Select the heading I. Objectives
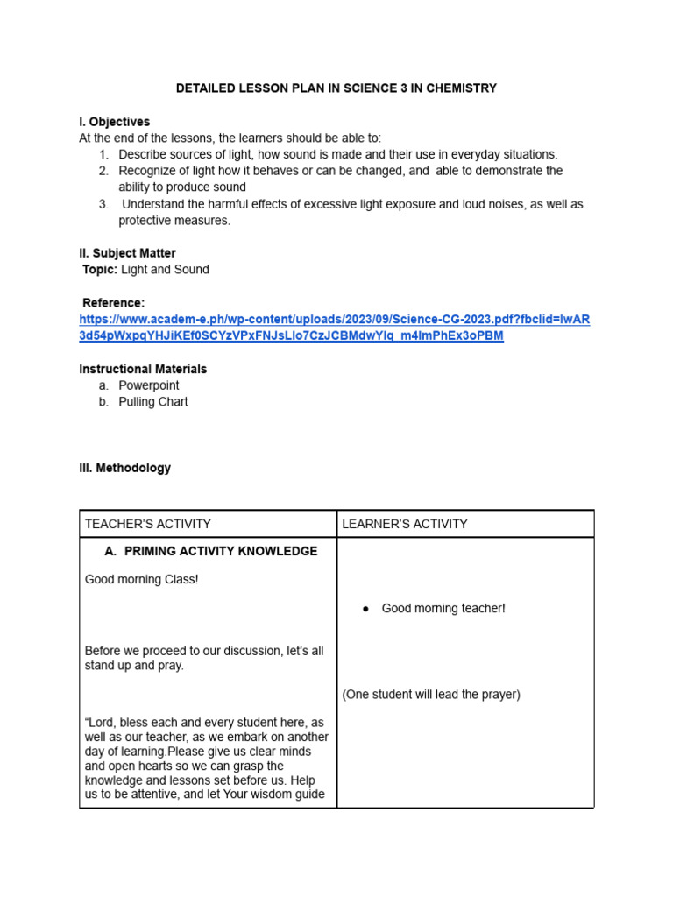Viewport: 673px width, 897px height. [x=115, y=122]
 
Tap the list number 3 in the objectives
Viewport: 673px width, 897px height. [x=103, y=204]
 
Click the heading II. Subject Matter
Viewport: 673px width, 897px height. [x=127, y=253]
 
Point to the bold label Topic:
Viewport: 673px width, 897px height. [x=100, y=270]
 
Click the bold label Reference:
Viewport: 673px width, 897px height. [x=113, y=303]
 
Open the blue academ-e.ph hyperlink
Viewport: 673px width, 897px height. [x=334, y=320]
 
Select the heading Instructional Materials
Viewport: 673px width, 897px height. [x=143, y=369]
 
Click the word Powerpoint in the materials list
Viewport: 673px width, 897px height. [x=149, y=385]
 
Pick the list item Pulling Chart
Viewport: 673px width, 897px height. [x=153, y=402]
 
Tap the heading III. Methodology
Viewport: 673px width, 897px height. [x=125, y=468]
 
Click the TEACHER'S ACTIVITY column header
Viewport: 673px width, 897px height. [x=148, y=524]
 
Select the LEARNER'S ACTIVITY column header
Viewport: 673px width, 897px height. [x=405, y=524]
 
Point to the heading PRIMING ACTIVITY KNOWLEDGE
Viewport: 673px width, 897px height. [x=221, y=551]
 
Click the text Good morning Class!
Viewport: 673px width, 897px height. [x=142, y=580]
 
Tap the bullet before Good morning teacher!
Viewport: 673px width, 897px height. [x=365, y=609]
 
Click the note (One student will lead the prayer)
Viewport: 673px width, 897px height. [x=431, y=695]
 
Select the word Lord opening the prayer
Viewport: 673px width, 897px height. [x=104, y=723]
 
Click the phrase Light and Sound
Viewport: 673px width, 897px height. [x=165, y=270]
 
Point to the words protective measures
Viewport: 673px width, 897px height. [x=174, y=221]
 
